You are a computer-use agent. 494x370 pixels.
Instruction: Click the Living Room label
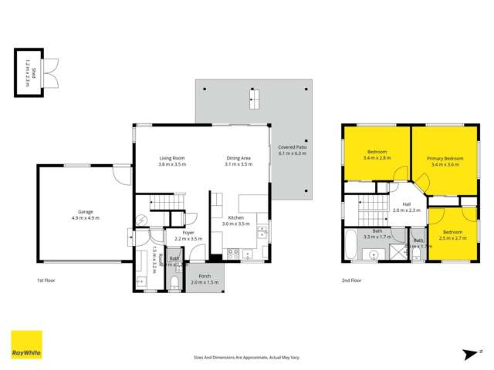pos(172,158)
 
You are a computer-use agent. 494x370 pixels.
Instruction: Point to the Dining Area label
pos(239,158)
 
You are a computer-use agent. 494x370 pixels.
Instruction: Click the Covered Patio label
pos(292,146)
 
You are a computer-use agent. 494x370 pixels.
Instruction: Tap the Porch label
pos(205,276)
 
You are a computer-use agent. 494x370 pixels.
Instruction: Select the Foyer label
pos(188,232)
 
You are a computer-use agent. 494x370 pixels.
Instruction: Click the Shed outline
pos(28,73)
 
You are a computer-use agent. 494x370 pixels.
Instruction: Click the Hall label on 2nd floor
pos(405,203)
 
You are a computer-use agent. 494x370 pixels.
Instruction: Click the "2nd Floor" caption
pos(352,281)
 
